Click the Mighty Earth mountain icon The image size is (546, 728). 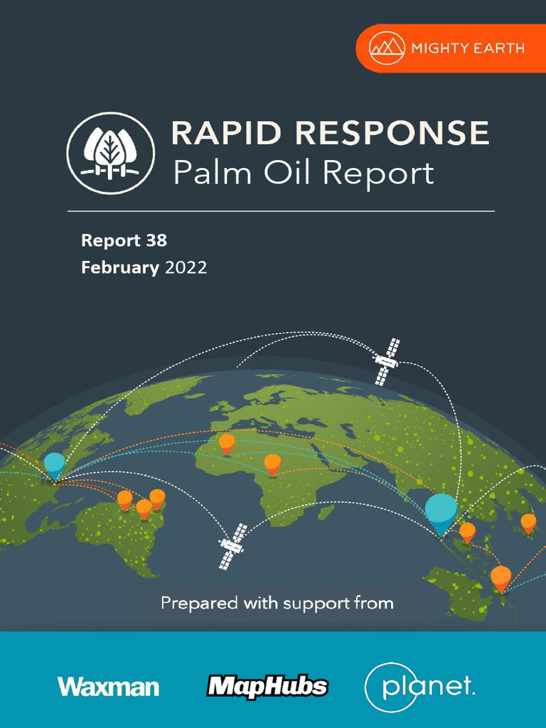tap(387, 48)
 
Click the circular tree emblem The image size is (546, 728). tap(110, 153)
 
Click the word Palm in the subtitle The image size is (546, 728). tap(206, 173)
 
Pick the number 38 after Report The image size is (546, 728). tap(156, 240)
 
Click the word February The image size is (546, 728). tap(120, 268)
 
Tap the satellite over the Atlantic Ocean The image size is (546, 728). tap(231, 546)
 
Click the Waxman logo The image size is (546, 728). tap(108, 687)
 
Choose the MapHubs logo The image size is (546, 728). tap(267, 686)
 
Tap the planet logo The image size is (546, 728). tap(419, 687)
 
